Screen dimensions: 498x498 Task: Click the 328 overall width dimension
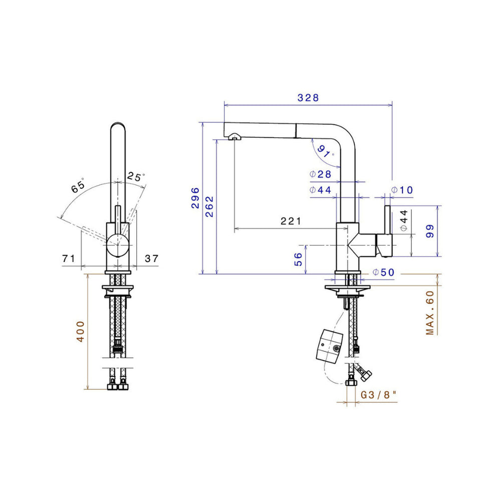click(308, 98)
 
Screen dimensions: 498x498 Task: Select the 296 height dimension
click(195, 198)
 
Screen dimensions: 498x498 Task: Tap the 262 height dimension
click(209, 206)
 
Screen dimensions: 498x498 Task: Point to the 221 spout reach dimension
click(291, 221)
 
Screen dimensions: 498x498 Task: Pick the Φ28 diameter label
click(321, 174)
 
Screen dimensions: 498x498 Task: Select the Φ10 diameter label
click(402, 190)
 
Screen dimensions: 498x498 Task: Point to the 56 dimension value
click(298, 259)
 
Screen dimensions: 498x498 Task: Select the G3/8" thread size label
click(378, 395)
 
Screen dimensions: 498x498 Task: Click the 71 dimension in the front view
click(69, 259)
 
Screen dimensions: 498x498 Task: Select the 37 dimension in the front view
click(151, 259)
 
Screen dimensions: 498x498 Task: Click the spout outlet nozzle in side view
click(234, 136)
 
